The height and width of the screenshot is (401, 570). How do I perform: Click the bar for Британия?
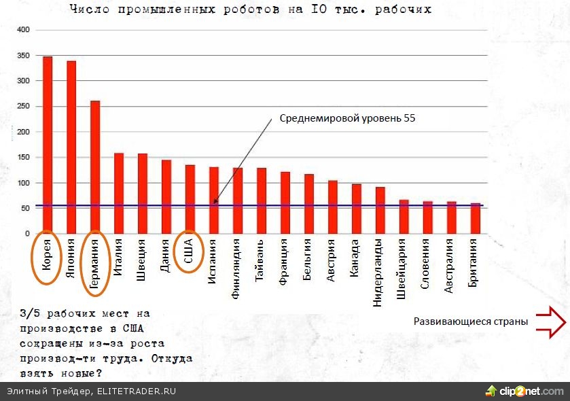pos(476,218)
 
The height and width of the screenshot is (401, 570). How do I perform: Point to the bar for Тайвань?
pos(262,201)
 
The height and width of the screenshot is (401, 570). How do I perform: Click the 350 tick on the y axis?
pos(24,56)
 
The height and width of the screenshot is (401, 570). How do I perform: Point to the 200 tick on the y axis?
pos(24,132)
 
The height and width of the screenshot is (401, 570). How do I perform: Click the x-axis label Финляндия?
pos(237,271)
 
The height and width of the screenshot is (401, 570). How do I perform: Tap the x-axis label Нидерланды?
pos(380,275)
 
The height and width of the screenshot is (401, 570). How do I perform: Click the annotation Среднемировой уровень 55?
pos(347,118)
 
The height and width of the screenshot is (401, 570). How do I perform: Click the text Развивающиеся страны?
pos(471,321)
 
